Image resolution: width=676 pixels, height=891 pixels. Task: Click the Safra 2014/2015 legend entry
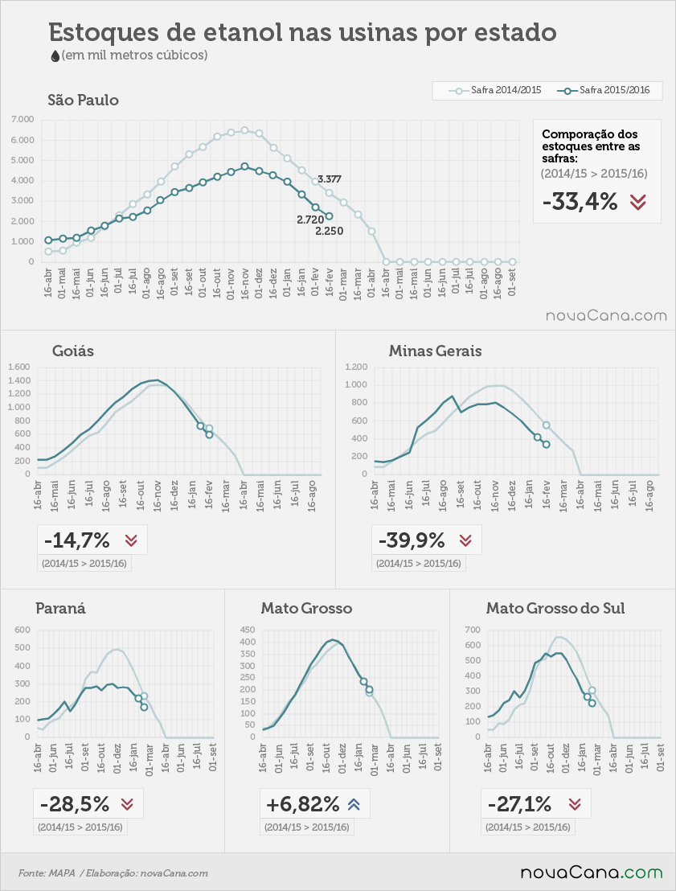pos(495,90)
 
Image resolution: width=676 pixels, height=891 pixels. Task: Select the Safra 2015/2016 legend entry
pos(604,90)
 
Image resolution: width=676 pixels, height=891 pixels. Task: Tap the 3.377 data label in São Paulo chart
pos(330,179)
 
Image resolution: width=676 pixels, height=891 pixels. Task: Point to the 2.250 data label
pos(330,232)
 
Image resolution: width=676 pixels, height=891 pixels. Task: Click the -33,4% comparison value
pos(580,202)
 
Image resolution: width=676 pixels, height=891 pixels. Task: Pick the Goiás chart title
pos(73,351)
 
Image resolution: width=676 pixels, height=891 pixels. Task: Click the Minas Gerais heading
pos(435,351)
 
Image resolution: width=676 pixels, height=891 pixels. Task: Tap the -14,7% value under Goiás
pos(76,540)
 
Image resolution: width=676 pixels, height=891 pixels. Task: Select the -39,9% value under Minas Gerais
pos(412,540)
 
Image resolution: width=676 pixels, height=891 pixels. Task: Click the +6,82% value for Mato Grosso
pos(302,804)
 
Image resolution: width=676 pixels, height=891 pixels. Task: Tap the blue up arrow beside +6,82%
pos(354,804)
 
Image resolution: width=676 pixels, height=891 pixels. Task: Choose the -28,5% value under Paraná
pos(75,804)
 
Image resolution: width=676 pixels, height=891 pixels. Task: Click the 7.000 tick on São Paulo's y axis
pos(23,119)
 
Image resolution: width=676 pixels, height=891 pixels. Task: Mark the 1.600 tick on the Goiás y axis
pos(18,367)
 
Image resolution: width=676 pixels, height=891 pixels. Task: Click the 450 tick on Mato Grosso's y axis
pos(247,630)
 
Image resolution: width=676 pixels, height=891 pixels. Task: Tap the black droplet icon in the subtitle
pos(55,55)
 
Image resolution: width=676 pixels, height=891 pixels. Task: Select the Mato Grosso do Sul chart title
pos(555,608)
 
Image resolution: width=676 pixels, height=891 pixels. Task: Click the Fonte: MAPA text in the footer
pos(47,873)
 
